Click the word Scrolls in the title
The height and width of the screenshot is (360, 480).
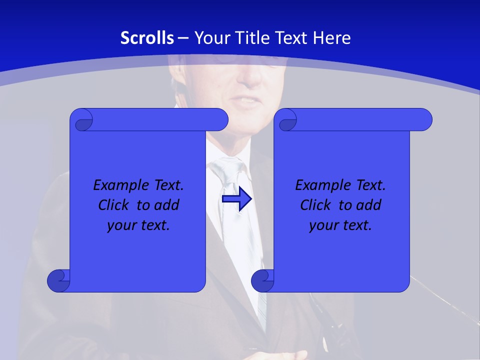(147, 38)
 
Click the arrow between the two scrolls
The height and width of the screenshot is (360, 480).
(236, 199)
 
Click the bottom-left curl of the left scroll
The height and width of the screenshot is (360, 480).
(59, 280)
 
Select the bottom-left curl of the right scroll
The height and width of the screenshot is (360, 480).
(263, 280)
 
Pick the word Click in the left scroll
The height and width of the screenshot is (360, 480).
(113, 205)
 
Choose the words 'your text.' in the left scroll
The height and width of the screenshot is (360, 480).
(138, 225)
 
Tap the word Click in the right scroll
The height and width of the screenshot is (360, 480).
(315, 205)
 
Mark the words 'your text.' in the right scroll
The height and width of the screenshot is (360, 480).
(340, 225)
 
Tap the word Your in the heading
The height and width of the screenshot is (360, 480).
(209, 38)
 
